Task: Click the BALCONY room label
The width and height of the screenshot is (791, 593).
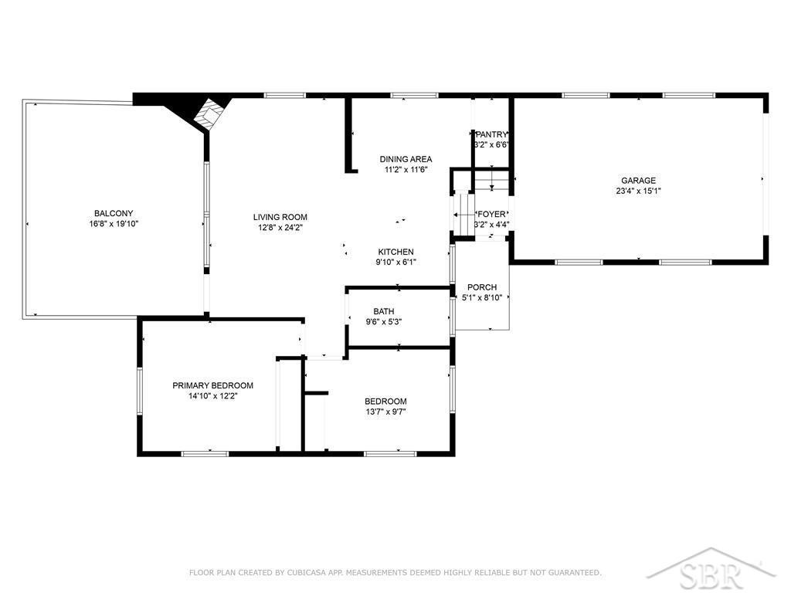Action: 114,213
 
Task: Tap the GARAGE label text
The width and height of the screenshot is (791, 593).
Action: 638,181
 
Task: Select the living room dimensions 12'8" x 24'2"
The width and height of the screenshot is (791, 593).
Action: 280,228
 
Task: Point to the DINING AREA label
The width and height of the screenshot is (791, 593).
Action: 406,159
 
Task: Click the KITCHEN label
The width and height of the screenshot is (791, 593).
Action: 396,252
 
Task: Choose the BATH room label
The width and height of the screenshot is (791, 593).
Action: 384,312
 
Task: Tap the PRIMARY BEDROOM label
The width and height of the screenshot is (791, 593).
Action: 213,386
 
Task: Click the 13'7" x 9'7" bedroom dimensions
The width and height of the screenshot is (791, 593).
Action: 386,412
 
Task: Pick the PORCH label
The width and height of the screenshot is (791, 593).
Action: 482,287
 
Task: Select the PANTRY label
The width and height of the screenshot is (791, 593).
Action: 491,134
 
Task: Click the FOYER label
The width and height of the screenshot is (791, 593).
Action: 491,215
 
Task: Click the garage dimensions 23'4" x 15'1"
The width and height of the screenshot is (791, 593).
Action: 638,191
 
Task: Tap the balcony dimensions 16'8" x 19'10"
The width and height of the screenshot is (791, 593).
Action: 114,224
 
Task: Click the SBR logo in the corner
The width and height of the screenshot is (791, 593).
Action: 711,569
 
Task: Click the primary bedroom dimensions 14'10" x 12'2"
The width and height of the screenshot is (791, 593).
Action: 213,396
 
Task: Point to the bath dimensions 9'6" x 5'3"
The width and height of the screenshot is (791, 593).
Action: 384,322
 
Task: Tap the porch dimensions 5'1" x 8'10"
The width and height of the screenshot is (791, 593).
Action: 482,297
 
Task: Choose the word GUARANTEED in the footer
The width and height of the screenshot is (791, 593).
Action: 574,572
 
